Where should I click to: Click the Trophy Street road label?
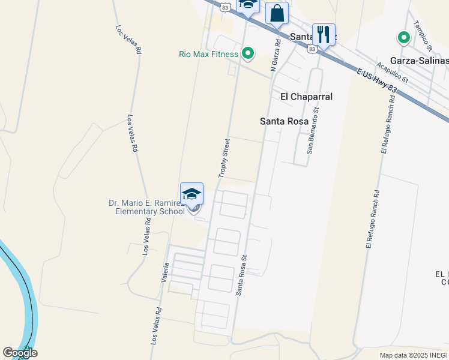224,158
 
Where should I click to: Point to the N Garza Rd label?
276,55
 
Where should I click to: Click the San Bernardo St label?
312,130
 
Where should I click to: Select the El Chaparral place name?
306,97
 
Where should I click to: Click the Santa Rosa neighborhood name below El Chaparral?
284,121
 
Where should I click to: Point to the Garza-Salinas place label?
419,61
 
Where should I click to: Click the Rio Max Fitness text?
208,54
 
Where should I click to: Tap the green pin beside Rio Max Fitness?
248,55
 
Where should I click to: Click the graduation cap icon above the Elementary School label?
192,194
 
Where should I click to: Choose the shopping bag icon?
277,13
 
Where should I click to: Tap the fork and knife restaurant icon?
324,34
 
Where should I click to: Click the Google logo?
20,353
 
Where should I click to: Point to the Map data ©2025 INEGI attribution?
414,355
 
